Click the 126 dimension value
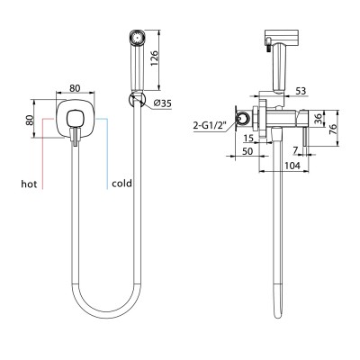point(153,58)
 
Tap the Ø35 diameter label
point(162,103)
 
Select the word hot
point(29,184)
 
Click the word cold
point(121,184)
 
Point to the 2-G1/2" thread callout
point(210,126)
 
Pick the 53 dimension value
point(301,91)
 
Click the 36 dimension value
point(319,119)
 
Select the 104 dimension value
point(292,166)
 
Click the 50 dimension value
point(247,151)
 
